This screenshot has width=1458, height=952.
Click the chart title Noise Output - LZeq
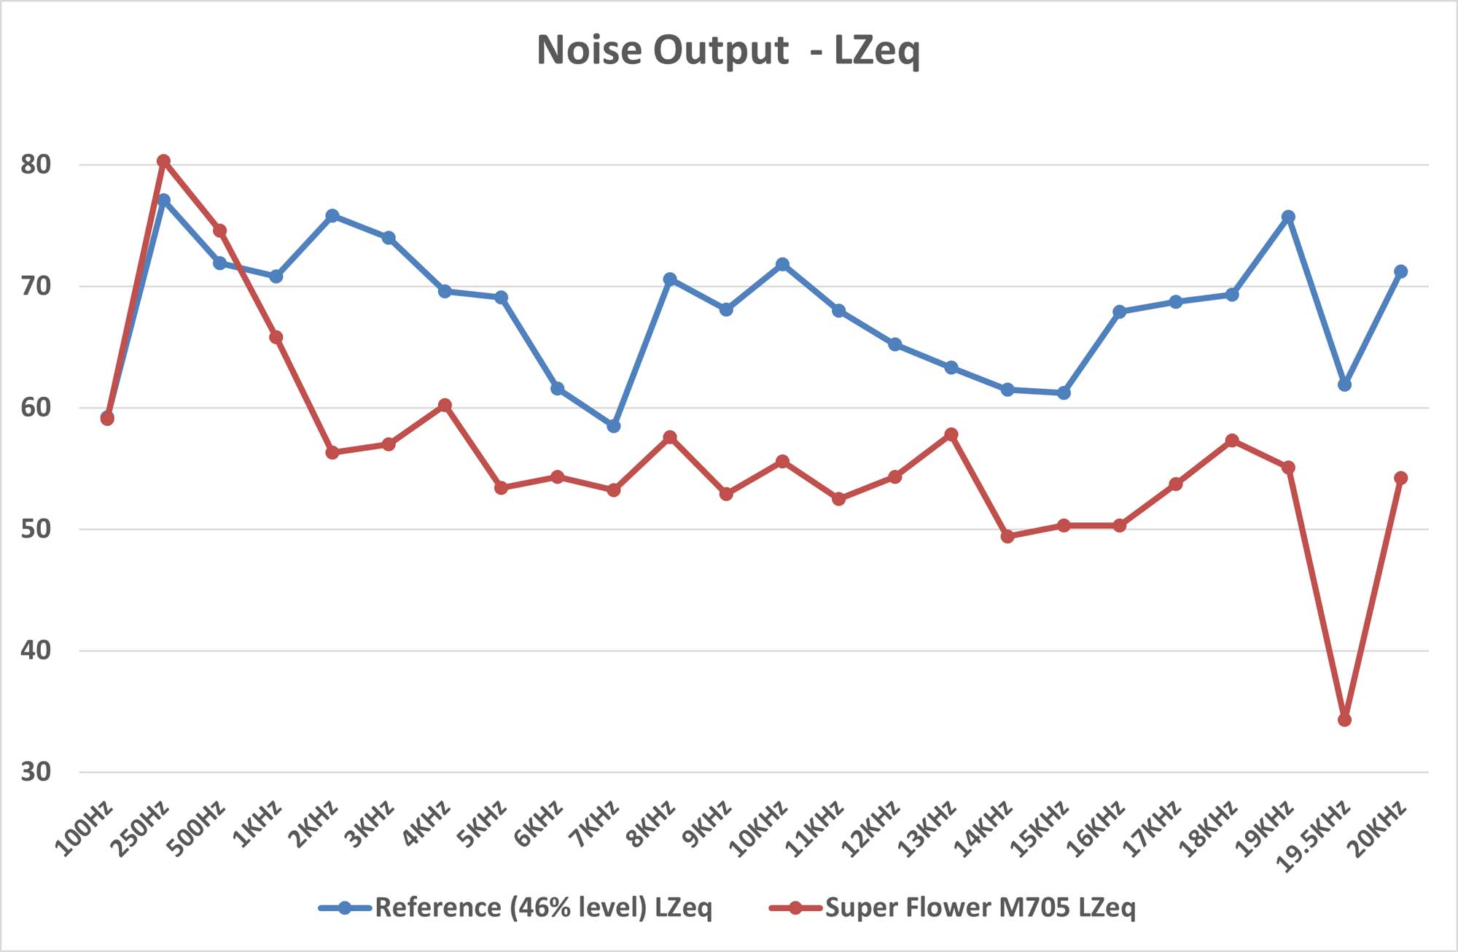point(728,51)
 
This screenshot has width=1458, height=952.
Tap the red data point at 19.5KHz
point(1344,720)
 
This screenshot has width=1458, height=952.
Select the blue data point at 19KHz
point(1288,217)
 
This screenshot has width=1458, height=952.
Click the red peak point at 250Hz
point(163,160)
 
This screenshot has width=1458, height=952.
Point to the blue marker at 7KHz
point(614,425)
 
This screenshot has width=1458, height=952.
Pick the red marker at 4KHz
point(445,405)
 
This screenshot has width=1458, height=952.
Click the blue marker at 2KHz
point(332,215)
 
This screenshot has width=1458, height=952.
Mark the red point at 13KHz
point(951,434)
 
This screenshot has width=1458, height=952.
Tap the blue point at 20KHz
point(1400,271)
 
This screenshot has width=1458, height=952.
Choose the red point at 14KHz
point(1007,536)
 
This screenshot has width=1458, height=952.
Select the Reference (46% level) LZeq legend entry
point(542,908)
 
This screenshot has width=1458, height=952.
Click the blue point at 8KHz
point(670,279)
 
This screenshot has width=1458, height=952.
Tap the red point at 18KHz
point(1232,440)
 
